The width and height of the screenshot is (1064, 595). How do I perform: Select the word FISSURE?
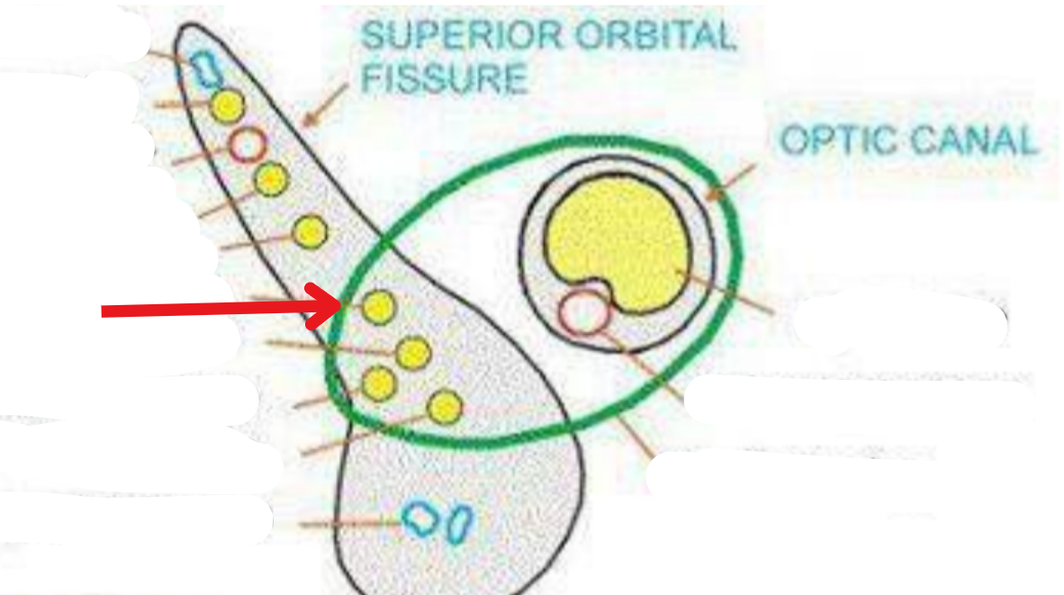(x=444, y=77)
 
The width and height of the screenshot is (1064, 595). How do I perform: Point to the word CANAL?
(x=972, y=141)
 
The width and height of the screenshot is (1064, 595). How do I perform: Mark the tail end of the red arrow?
(x=104, y=312)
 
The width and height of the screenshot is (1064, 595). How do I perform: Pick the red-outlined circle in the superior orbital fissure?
(x=247, y=143)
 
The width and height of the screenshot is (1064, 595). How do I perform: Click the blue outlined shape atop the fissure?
(x=207, y=68)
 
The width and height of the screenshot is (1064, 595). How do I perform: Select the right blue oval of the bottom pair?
(x=460, y=524)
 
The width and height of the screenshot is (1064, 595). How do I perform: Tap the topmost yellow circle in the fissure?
(x=228, y=107)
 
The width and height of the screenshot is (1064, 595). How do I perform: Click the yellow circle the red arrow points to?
(x=379, y=308)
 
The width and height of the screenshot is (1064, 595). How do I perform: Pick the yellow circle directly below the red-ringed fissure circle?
(x=270, y=179)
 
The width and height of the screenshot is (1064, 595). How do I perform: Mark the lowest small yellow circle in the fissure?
(x=444, y=408)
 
